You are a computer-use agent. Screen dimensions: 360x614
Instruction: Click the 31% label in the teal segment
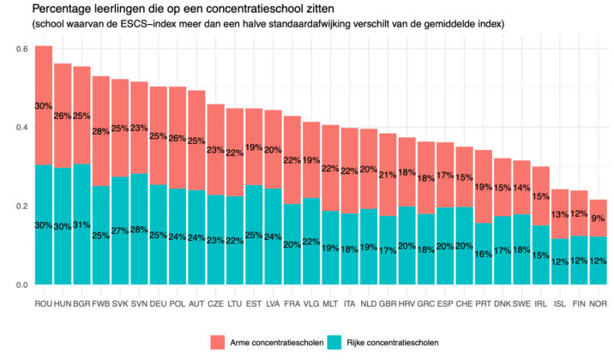81,225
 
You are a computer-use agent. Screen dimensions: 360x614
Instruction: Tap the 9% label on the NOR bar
599,218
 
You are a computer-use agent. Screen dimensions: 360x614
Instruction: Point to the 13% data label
560,215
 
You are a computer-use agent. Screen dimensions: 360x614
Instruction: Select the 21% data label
388,175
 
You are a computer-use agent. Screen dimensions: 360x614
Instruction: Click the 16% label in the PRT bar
484,254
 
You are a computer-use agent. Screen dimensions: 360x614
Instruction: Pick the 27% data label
120,231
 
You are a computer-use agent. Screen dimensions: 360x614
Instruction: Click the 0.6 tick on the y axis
21,48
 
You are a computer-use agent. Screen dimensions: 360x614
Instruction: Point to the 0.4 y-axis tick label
21,127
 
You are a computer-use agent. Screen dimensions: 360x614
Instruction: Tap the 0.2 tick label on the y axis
21,206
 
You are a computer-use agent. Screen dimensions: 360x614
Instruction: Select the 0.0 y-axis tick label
21,284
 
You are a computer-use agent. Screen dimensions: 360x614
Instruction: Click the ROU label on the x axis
43,303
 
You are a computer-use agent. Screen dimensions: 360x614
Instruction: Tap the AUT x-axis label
196,303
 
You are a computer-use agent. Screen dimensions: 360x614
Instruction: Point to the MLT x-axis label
330,303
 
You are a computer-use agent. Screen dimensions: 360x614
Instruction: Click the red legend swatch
217,342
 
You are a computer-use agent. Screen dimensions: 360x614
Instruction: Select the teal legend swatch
334,342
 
